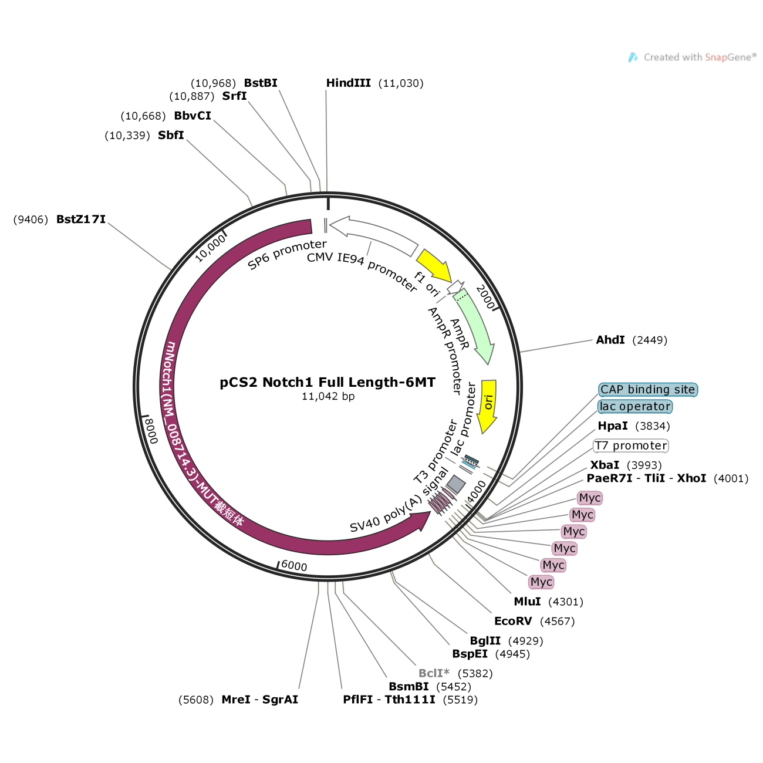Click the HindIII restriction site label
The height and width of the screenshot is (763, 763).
(x=348, y=83)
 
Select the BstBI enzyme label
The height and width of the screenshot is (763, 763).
(x=261, y=83)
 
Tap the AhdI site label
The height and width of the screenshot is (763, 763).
(x=610, y=340)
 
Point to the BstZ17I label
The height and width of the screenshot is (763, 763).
(x=81, y=220)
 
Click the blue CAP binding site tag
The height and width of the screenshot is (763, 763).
(x=647, y=390)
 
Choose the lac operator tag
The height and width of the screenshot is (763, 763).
(x=634, y=407)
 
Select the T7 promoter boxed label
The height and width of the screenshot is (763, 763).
(x=631, y=445)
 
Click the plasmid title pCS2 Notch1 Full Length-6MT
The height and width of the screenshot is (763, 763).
(x=328, y=383)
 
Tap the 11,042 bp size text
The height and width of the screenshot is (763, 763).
(x=328, y=397)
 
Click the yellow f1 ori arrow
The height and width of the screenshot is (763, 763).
(x=434, y=265)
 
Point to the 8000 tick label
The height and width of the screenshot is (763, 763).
(x=151, y=431)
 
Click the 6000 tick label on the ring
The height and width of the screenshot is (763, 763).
(x=293, y=565)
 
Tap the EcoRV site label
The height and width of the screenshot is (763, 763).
(x=513, y=622)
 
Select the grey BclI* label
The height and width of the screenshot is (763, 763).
(x=434, y=673)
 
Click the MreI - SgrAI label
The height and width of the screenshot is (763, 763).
(x=259, y=700)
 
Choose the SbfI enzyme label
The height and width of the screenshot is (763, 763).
(x=171, y=136)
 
